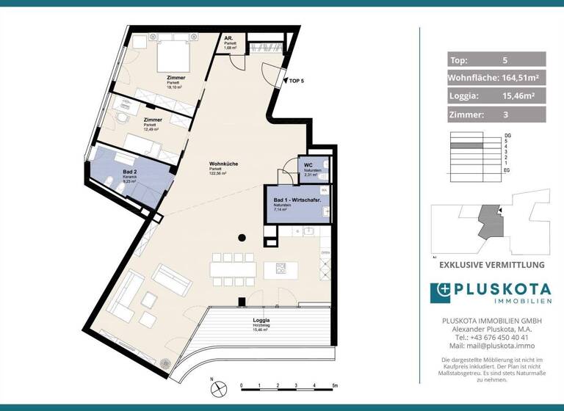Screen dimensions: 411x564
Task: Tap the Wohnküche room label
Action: [x=223, y=164]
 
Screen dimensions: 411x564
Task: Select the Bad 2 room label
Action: [x=112, y=172]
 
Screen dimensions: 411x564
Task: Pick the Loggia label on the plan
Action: [x=261, y=321]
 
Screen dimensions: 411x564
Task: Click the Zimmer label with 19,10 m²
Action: [x=176, y=77]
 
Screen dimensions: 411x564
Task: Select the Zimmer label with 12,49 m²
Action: [x=153, y=120]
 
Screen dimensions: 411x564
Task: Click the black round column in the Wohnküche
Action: [x=242, y=237]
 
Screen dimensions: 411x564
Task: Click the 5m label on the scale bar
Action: [x=333, y=385]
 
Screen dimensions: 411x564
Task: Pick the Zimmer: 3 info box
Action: [x=496, y=114]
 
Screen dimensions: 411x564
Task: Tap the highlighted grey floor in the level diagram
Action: [x=466, y=147]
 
